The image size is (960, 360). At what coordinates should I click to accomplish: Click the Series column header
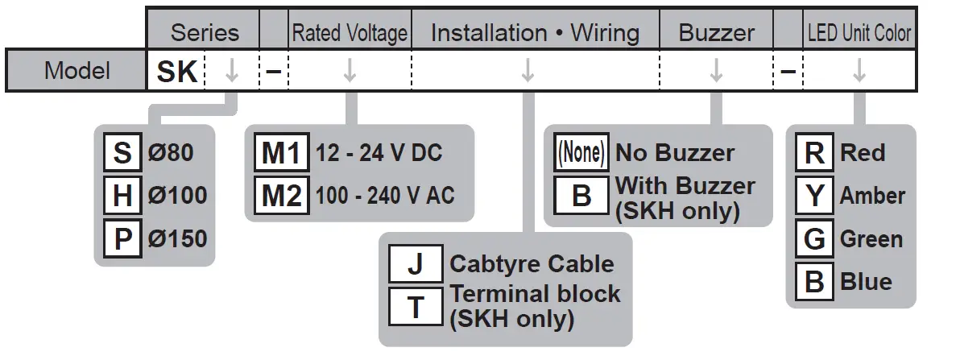[205, 33]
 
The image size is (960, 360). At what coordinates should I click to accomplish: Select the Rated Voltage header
[350, 33]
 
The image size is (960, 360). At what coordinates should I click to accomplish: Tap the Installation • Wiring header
[535, 33]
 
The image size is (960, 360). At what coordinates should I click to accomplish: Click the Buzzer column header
[716, 33]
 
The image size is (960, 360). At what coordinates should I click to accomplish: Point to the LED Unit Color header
[859, 33]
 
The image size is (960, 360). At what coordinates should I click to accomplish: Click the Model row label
[77, 71]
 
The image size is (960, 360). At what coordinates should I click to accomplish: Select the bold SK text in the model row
[176, 72]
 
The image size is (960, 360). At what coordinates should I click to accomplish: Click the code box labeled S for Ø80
[122, 153]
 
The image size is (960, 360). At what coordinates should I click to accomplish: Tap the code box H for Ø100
[122, 196]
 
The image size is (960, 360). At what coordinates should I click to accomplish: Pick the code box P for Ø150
[122, 238]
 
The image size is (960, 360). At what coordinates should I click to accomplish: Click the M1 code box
[281, 153]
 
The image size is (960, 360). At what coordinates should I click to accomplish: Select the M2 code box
[281, 196]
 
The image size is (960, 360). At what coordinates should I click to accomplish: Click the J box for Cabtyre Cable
[416, 264]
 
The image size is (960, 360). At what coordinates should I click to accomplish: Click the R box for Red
[815, 153]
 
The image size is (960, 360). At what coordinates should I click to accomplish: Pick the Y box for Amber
[815, 196]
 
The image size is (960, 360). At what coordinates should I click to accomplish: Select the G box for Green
[815, 238]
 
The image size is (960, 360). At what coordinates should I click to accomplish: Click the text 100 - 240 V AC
[384, 197]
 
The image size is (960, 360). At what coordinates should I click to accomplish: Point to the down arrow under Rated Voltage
[350, 72]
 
